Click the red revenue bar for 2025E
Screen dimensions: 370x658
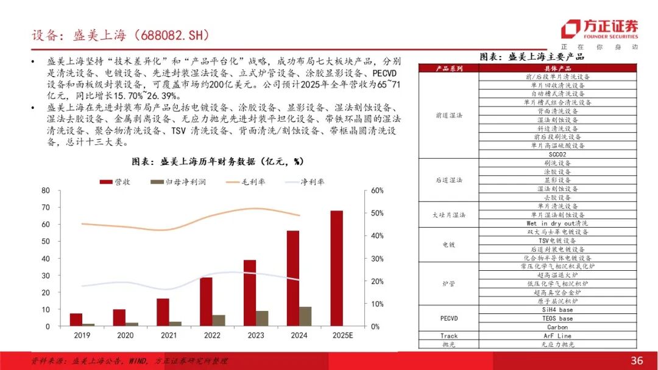point(336,268)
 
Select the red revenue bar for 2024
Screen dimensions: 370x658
point(293,279)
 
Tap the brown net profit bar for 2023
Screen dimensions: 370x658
point(261,318)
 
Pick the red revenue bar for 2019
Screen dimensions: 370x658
point(76,319)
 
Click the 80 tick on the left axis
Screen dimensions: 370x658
point(45,190)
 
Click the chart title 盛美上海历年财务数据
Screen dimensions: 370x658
point(218,162)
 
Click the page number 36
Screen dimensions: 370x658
point(637,361)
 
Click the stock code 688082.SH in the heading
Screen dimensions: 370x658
point(174,36)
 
